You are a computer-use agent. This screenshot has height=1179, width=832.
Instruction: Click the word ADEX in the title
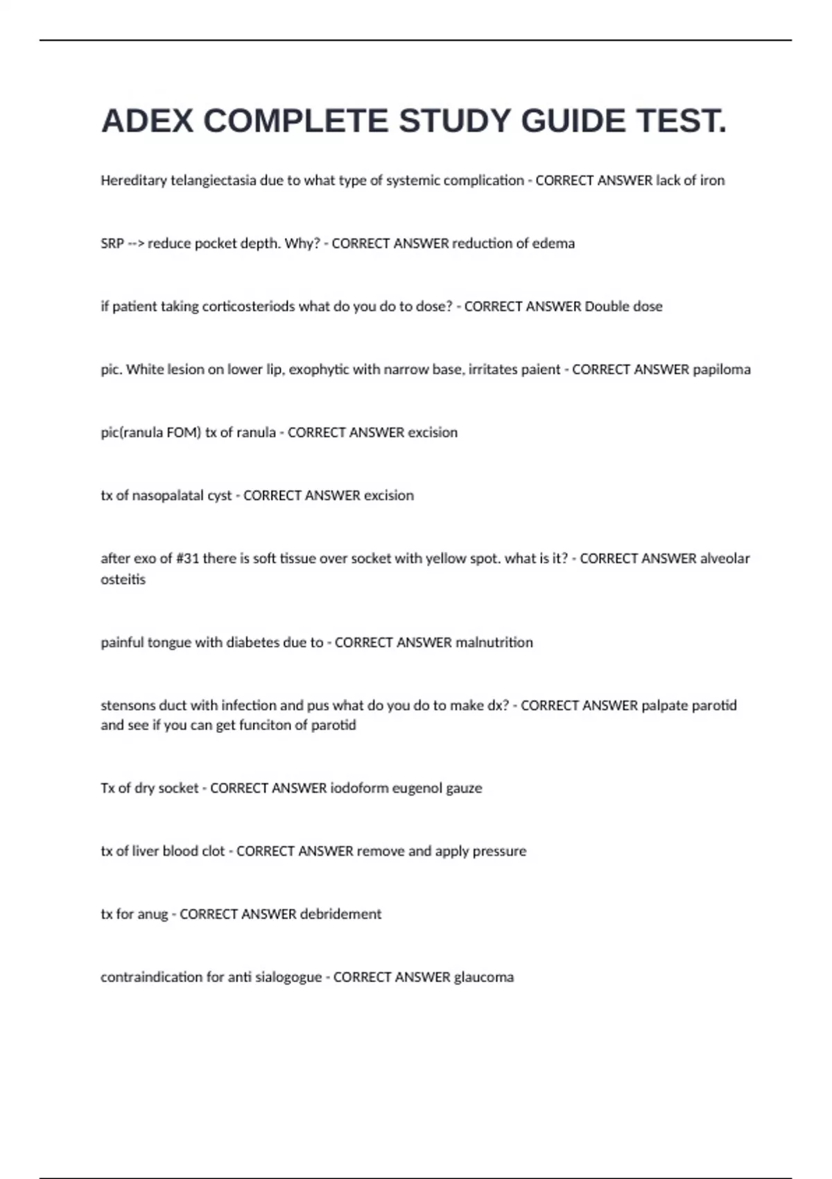pos(147,121)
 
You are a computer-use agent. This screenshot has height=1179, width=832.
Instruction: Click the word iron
pos(712,180)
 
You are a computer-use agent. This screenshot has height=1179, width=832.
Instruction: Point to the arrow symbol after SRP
pos(136,243)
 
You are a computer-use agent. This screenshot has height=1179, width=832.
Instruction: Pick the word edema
pos(553,243)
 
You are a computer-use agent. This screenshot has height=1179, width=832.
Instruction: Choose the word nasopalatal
pos(159,496)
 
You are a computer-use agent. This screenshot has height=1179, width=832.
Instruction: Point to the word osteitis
pos(123,580)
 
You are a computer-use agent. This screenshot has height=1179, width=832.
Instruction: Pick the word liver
pos(145,851)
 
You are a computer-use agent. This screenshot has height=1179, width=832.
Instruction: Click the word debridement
pos(340,914)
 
